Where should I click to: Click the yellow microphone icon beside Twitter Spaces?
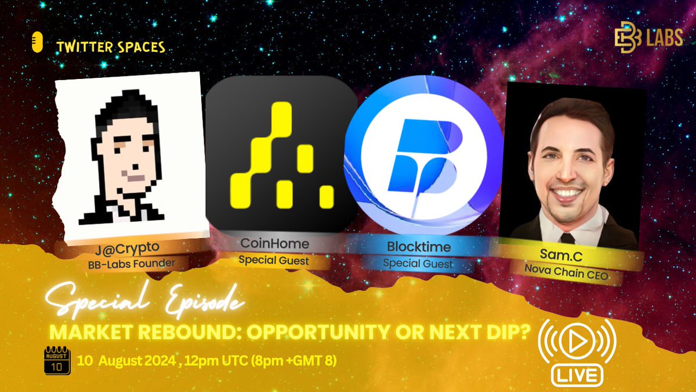tap(38, 45)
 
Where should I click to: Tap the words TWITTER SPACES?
tap(111, 48)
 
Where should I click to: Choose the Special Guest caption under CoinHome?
tap(274, 261)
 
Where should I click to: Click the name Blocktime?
tap(418, 247)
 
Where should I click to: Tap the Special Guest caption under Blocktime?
tap(418, 263)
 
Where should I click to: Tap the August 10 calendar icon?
tap(57, 361)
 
